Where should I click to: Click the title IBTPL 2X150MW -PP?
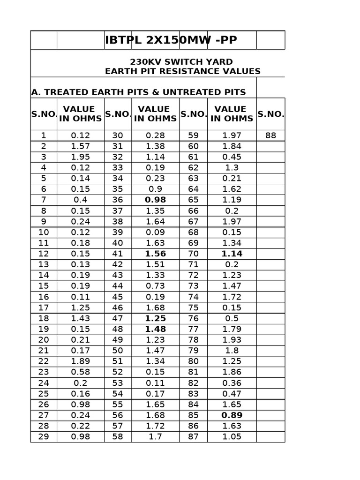coord(171,40)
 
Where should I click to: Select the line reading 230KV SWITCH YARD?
coord(181,62)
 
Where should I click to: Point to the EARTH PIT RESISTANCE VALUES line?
coord(183,71)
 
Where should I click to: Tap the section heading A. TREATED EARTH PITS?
coord(138,92)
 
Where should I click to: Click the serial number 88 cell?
coord(270,135)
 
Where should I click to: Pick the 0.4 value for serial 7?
coord(80,200)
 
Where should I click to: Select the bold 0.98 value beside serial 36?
coord(155,200)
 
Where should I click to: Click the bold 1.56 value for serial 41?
coord(155,254)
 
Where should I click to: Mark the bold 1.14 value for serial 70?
coord(232,254)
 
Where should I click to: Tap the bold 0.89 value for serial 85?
coord(232,415)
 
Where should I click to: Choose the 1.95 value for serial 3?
coord(80,157)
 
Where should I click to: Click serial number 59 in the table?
coord(193,135)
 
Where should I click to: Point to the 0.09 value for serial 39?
coord(155,232)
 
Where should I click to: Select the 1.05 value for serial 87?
coord(232,437)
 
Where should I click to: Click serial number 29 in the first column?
coord(43,437)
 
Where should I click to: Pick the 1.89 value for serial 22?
coord(80,361)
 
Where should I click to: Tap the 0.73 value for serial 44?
coord(155,286)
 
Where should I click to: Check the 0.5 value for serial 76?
coord(232,318)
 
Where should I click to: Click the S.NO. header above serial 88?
coord(270,114)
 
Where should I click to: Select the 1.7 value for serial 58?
coord(155,437)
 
